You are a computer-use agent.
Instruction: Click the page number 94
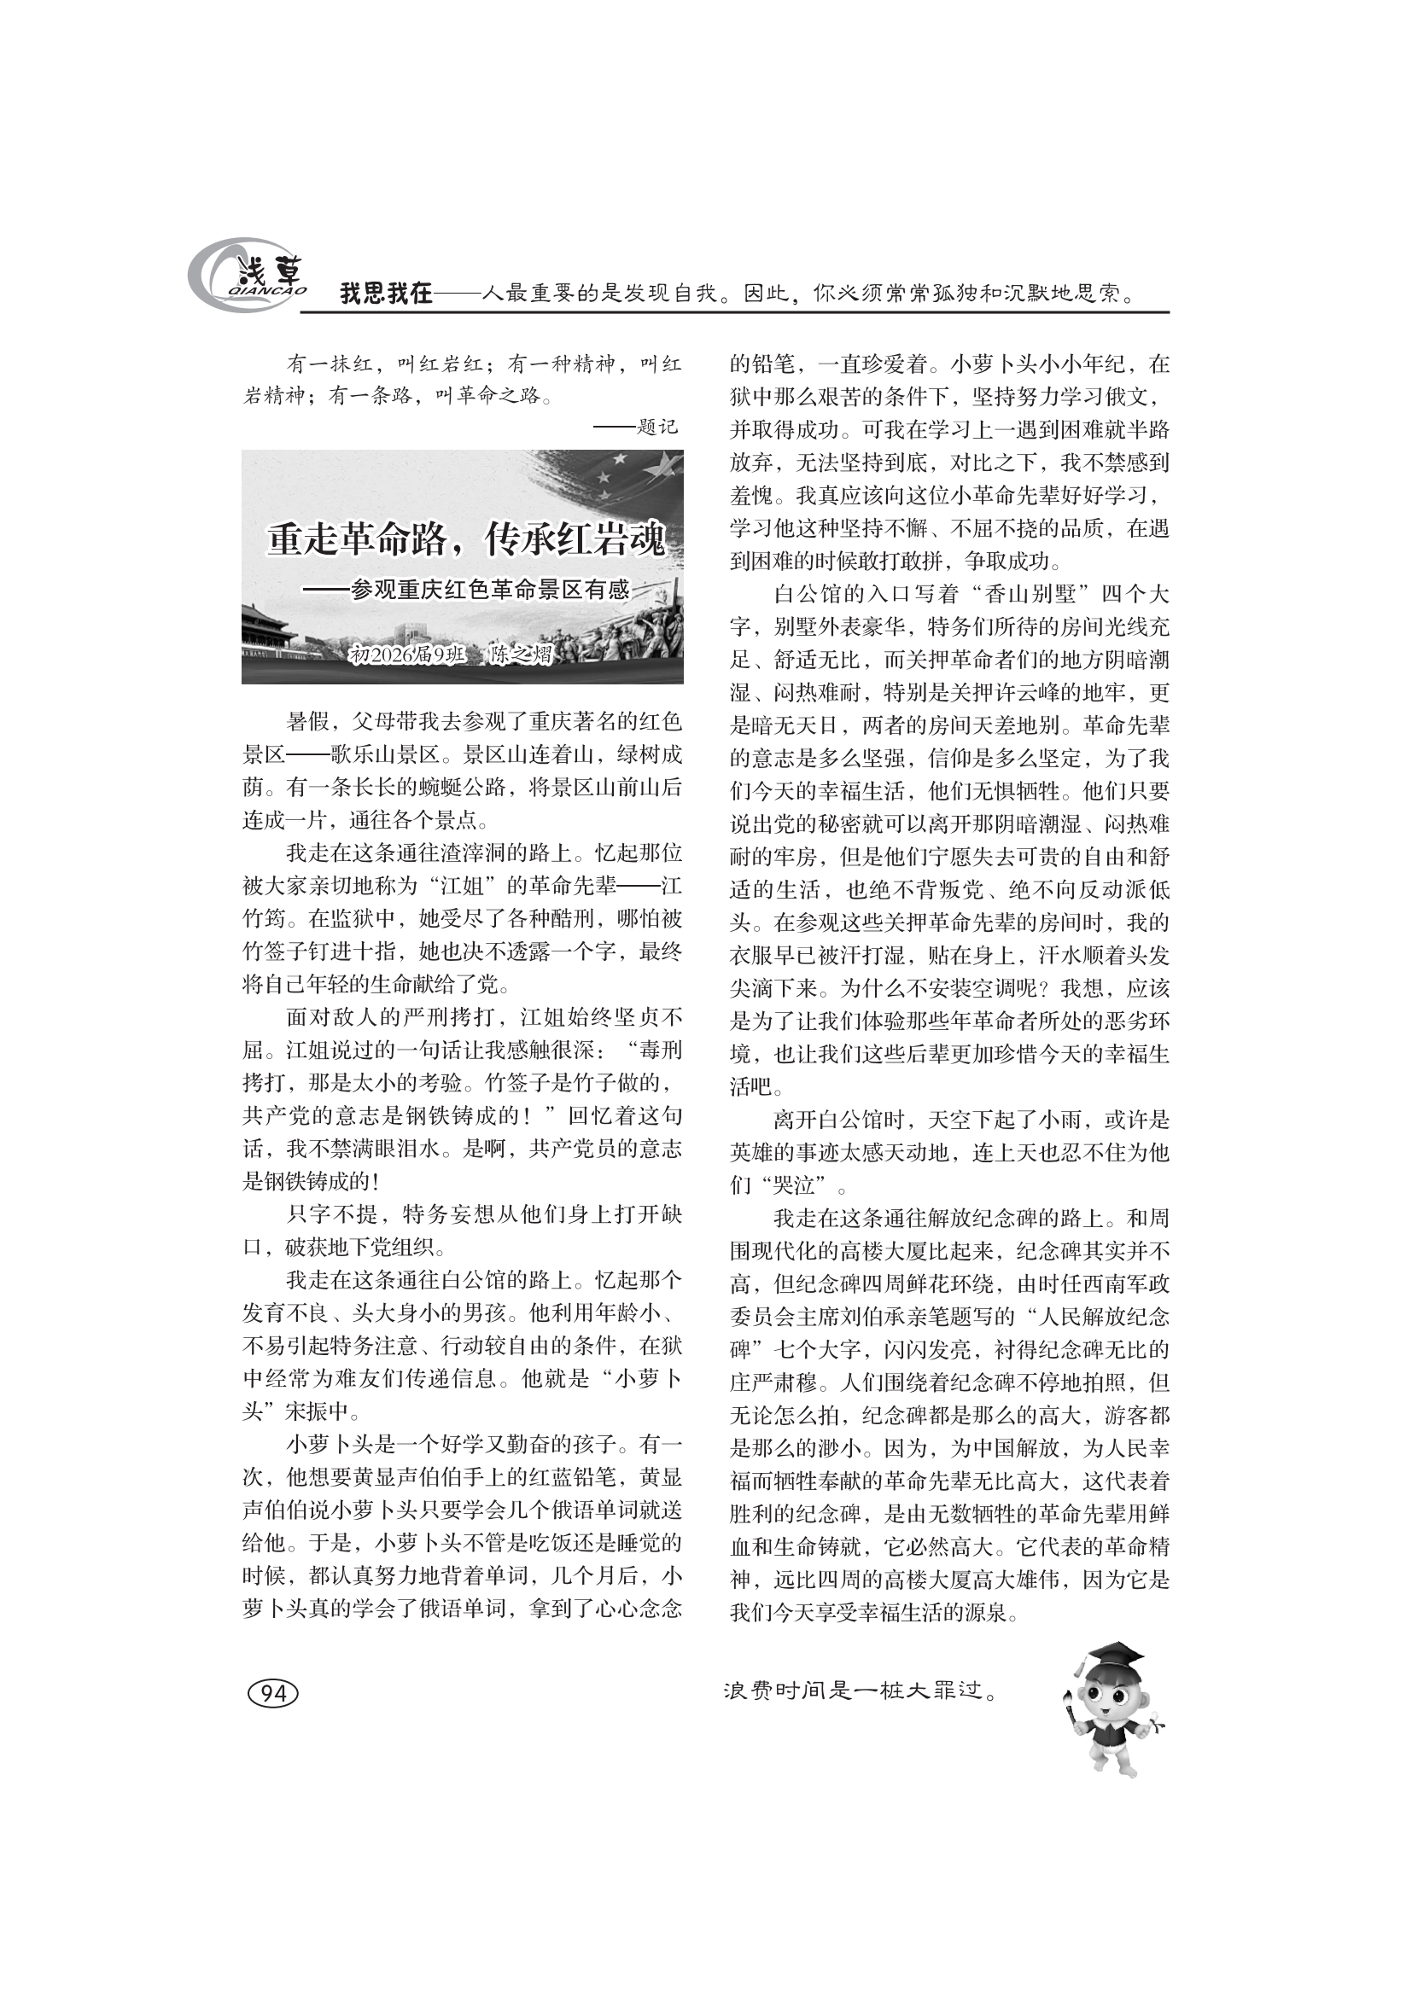click(273, 1692)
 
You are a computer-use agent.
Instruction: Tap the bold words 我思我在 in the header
click(385, 294)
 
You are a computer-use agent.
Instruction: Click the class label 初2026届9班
click(407, 655)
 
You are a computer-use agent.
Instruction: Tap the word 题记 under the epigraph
click(656, 428)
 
